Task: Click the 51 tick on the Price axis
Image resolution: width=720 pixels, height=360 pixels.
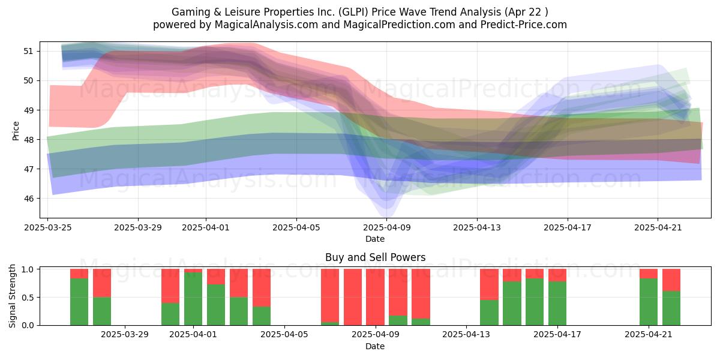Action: pos(28,51)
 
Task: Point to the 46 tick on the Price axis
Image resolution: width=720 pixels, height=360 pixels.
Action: pos(28,199)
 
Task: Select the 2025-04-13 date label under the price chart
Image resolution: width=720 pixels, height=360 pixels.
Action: pos(477,227)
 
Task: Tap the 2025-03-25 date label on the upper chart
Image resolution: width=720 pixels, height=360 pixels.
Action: pos(48,227)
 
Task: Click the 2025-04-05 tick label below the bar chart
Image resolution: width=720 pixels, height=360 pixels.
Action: pos(284,335)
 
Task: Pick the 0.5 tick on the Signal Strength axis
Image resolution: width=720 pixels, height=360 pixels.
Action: pos(28,298)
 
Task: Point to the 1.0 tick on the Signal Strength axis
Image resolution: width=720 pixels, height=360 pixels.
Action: pos(28,269)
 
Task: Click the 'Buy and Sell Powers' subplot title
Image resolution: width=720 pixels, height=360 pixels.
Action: pos(375,257)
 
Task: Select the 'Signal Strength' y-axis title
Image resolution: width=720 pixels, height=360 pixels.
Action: pos(12,296)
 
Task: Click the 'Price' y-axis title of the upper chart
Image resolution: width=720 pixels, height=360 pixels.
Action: pos(16,131)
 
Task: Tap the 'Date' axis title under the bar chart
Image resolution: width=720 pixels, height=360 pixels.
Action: pos(375,346)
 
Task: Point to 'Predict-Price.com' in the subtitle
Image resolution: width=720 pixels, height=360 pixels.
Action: pos(524,25)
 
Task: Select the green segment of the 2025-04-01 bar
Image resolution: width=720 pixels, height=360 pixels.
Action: pos(193,299)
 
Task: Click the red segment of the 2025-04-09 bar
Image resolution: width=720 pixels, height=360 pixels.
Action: pos(375,297)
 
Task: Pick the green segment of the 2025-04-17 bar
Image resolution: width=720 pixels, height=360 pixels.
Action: pos(557,303)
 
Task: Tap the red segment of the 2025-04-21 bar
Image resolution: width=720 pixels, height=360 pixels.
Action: pos(649,274)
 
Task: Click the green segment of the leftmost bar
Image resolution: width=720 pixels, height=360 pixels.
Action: pos(79,301)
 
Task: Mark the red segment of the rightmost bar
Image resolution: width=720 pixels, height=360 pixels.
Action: pos(671,280)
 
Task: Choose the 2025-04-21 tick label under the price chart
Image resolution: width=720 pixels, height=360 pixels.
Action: pos(658,227)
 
